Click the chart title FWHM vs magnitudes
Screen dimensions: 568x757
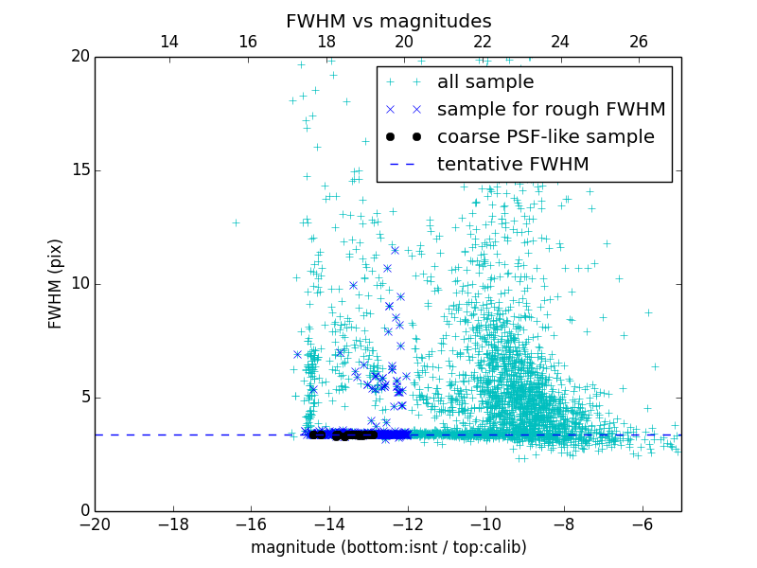[x=388, y=21]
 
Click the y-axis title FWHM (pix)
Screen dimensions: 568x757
[x=56, y=283]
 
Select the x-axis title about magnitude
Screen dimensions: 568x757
[x=388, y=547]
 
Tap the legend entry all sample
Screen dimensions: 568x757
[x=485, y=82]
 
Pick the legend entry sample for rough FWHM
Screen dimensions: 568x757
[x=551, y=110]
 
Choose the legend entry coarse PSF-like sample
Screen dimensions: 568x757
[x=545, y=137]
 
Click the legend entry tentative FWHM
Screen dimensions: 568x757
[x=513, y=165]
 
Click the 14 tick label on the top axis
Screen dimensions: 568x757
[x=169, y=42]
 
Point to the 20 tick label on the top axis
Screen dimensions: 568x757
[x=404, y=42]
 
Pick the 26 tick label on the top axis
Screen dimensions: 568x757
[x=639, y=42]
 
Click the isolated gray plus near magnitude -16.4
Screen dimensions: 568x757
[x=236, y=223]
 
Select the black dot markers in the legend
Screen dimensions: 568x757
[x=402, y=137]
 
